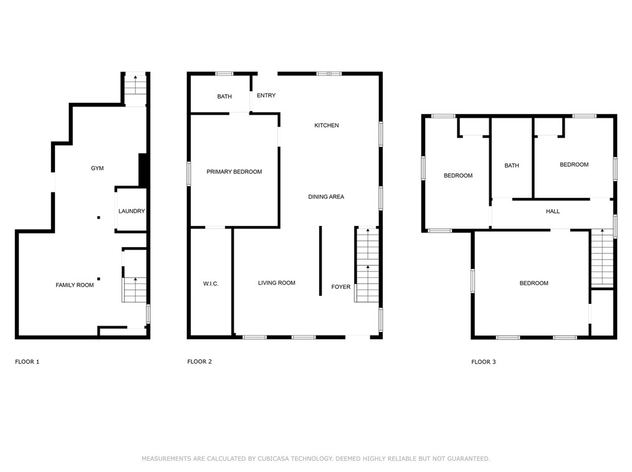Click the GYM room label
pos(97,168)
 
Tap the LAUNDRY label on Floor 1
pos(132,211)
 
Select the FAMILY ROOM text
pos(75,285)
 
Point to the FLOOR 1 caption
pos(27,361)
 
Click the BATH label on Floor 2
pos(224,97)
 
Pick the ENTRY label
pos(266,95)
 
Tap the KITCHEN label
pos(327,126)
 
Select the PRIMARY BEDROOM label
pos(234,172)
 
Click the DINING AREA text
pos(326,197)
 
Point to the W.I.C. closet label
pos(211,283)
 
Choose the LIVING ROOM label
pos(277,283)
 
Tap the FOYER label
pos(340,287)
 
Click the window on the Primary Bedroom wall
pos(189,173)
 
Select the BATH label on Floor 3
pos(512,166)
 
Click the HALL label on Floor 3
pos(553,211)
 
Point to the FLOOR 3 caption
pos(484,362)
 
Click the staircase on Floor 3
pos(602,258)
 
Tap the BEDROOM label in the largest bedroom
pos(534,283)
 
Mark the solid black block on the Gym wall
pos(143,170)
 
